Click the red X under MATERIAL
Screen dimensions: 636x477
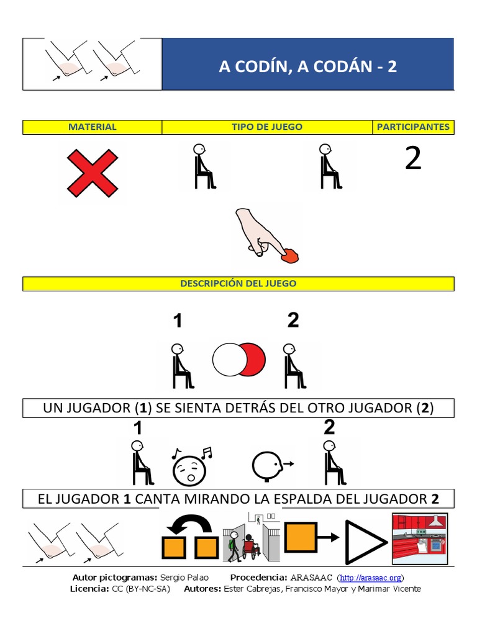[x=92, y=172]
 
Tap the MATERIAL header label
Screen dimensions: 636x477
[x=93, y=127]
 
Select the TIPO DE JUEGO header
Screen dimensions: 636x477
[x=267, y=127]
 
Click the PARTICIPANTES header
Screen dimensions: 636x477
[x=413, y=127]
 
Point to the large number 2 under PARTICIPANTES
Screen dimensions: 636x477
[x=413, y=159]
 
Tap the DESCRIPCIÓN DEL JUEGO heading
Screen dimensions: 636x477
[x=238, y=284]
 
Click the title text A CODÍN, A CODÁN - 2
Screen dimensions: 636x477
[x=307, y=66]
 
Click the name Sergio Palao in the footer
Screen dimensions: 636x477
[x=182, y=578]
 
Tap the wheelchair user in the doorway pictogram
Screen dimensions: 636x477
[x=250, y=547]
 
